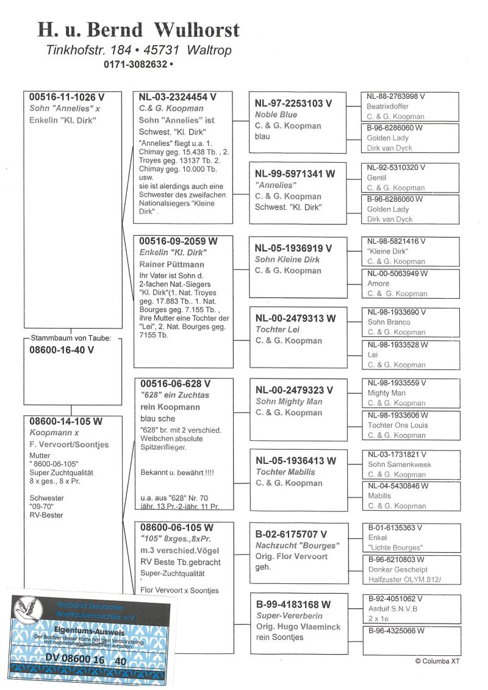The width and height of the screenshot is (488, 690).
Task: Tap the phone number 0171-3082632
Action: (136, 63)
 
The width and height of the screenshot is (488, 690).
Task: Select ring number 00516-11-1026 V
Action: (66, 97)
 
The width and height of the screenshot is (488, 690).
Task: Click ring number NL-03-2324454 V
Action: (178, 97)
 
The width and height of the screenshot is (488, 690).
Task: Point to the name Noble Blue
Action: (276, 115)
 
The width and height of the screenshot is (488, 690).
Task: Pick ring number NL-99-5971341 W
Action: (295, 174)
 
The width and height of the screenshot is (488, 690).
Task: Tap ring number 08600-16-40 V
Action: (62, 350)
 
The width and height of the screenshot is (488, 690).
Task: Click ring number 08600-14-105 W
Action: (66, 421)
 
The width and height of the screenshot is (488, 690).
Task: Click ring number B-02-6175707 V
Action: (294, 535)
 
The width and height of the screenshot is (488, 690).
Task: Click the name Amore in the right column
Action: (378, 283)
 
